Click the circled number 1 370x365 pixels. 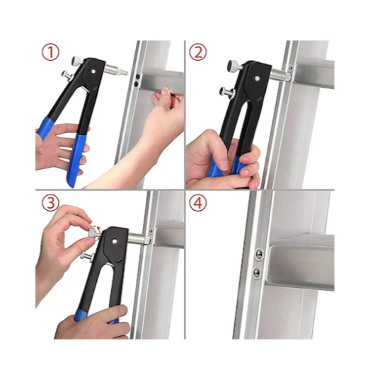coord(50,52)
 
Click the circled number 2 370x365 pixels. coord(198,52)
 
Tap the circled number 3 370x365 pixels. coord(50,203)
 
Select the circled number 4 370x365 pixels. coord(198,203)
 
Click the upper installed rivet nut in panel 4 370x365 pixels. coord(259,255)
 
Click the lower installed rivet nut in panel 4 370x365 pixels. coord(257,273)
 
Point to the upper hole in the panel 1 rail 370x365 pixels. coord(138,76)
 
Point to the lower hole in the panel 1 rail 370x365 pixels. coord(136,84)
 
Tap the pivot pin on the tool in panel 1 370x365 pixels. coord(93,71)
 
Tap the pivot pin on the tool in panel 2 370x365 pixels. coord(257,79)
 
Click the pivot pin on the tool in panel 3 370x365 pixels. coord(115,241)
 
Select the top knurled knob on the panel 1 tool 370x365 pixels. coord(77,61)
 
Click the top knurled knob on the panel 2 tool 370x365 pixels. coord(234,65)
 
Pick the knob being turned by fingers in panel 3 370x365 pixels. coord(93,232)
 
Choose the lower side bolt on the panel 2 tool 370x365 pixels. coord(226,92)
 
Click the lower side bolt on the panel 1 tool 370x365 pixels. coord(67,76)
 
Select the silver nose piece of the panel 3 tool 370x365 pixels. coord(139,238)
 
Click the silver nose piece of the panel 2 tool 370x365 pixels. coord(280,74)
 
